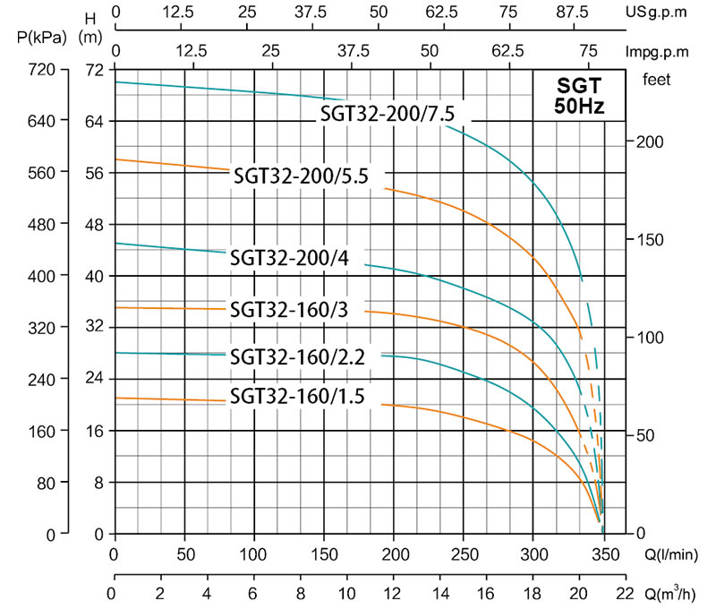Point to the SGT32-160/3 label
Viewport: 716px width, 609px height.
click(289, 310)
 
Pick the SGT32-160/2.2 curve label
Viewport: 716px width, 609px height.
click(298, 356)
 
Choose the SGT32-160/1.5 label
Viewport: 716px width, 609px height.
click(298, 396)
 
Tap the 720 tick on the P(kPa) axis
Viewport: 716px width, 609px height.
click(42, 69)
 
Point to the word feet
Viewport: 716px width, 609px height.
click(658, 79)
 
